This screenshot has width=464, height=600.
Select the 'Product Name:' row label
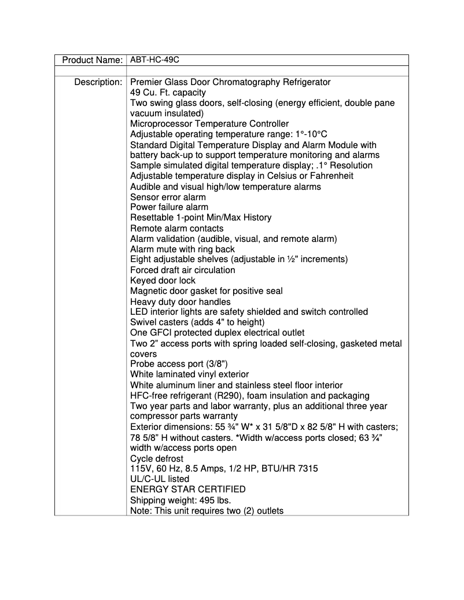pyautogui.click(x=92, y=60)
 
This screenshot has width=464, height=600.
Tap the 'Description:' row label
pyautogui.click(x=98, y=82)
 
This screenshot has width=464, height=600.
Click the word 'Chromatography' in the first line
pyautogui.click(x=264, y=82)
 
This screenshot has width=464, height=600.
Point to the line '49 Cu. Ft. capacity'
pyautogui.click(x=168, y=93)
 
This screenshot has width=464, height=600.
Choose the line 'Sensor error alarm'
pyautogui.click(x=168, y=197)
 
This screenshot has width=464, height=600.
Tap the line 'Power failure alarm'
pyautogui.click(x=169, y=207)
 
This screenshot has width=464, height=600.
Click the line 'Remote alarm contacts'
pyautogui.click(x=176, y=229)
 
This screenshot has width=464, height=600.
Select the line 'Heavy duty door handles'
pyautogui.click(x=180, y=301)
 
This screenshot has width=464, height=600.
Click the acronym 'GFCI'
pyautogui.click(x=163, y=333)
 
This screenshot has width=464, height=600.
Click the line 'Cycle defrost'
pyautogui.click(x=157, y=459)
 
